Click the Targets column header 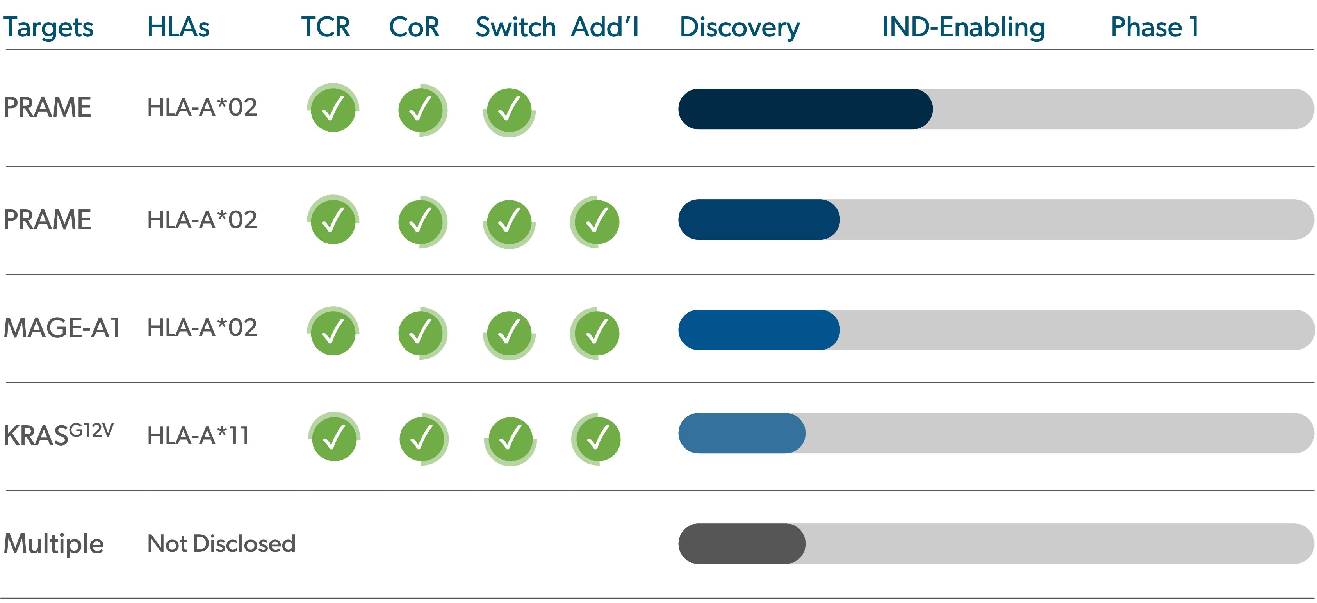(48, 27)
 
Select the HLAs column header (178, 27)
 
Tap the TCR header (326, 27)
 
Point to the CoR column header (414, 27)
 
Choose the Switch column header (516, 27)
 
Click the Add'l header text (605, 27)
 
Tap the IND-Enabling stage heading (964, 27)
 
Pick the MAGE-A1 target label (62, 328)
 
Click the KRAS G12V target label (58, 435)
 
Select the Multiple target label (53, 544)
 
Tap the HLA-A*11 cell (198, 436)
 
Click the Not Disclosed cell (221, 544)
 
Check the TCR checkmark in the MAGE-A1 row (333, 331)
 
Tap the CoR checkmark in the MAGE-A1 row (422, 333)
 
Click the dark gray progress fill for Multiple (741, 544)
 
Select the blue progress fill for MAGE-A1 (759, 330)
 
